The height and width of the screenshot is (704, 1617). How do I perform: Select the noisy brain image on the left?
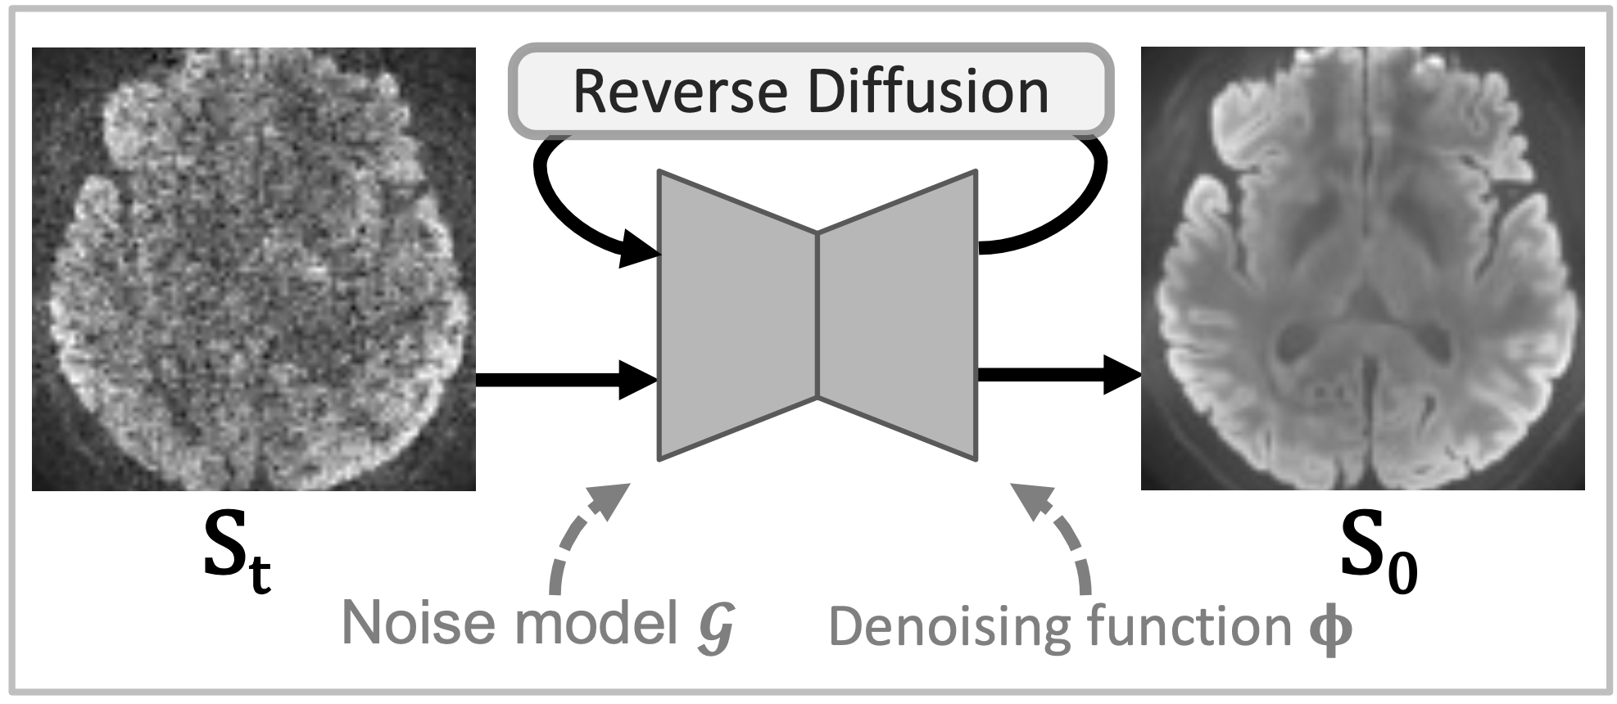click(x=254, y=269)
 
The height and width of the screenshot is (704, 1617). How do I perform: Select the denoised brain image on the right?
click(x=1362, y=269)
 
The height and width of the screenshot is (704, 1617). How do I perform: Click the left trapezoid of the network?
click(x=737, y=315)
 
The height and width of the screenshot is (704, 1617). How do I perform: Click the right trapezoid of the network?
click(x=897, y=315)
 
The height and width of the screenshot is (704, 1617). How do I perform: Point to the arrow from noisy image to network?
click(x=565, y=380)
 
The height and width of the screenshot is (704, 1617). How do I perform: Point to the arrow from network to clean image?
click(x=1057, y=376)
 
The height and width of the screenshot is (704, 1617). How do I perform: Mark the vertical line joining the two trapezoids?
click(x=818, y=315)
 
